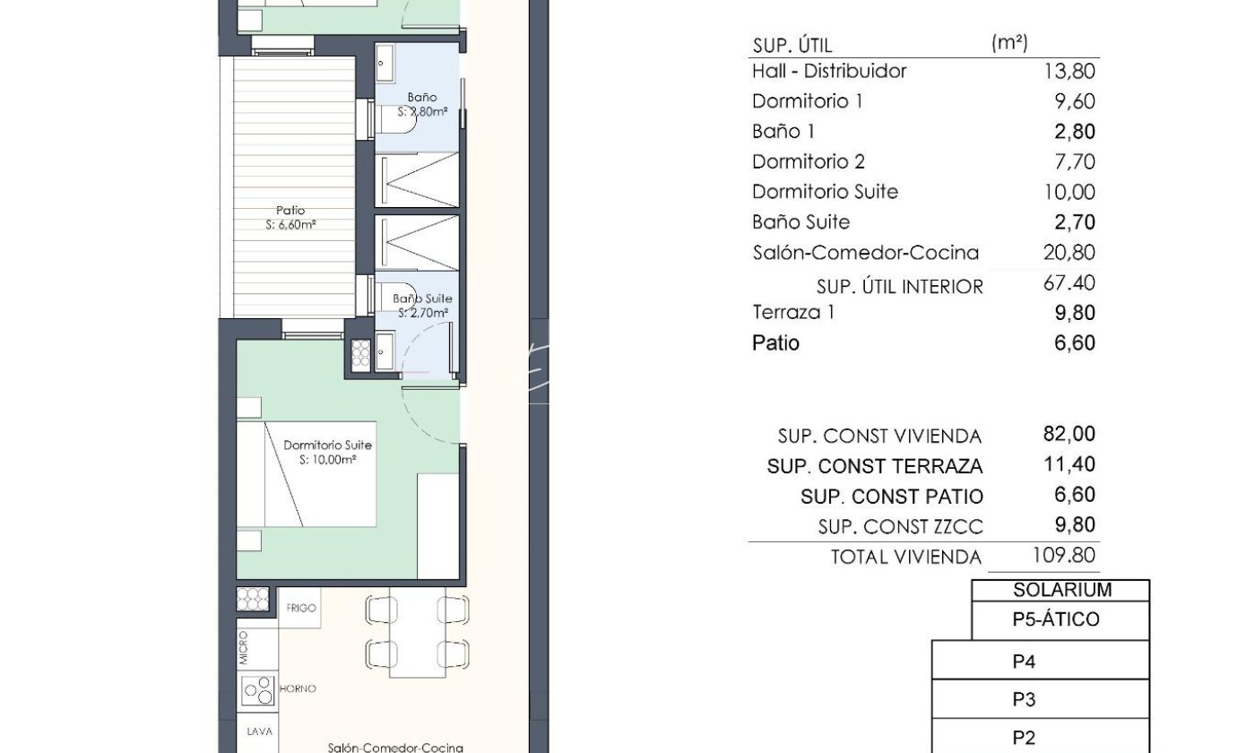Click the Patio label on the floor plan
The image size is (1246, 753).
pyautogui.click(x=290, y=211)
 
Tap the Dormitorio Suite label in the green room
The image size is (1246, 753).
pyautogui.click(x=327, y=445)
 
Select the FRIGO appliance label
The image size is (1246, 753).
pyautogui.click(x=301, y=608)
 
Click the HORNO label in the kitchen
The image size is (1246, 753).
pyautogui.click(x=298, y=688)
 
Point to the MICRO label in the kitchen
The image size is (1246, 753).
pyautogui.click(x=243, y=648)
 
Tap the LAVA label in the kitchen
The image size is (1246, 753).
pyautogui.click(x=259, y=731)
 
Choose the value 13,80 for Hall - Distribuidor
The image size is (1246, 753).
pyautogui.click(x=1069, y=71)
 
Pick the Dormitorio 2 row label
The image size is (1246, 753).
pyautogui.click(x=809, y=162)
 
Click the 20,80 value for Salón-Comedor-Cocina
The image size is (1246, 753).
pyautogui.click(x=1069, y=253)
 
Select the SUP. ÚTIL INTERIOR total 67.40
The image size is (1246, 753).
pyautogui.click(x=1069, y=282)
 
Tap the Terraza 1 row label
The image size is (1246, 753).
pyautogui.click(x=793, y=312)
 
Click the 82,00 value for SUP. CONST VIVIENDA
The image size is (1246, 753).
pyautogui.click(x=1069, y=434)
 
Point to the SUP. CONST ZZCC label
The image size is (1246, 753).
pyautogui.click(x=900, y=527)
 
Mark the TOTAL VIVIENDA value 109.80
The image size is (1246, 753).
pyautogui.click(x=1063, y=555)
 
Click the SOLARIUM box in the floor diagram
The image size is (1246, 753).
pyautogui.click(x=1060, y=590)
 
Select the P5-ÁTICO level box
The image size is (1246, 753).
pyautogui.click(x=1060, y=620)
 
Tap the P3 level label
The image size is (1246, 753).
pyautogui.click(x=1024, y=699)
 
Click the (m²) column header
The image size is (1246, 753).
pyautogui.click(x=1009, y=43)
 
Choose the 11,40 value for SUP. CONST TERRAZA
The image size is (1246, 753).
pyautogui.click(x=1069, y=464)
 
